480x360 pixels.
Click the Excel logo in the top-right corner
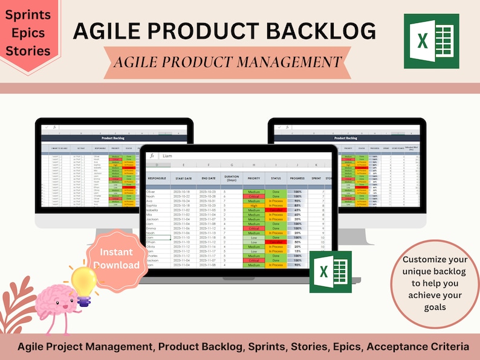click(x=431, y=41)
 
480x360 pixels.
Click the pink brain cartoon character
click(x=56, y=305)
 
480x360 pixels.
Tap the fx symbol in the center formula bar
click(x=152, y=156)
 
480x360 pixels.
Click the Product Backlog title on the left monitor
click(x=114, y=138)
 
